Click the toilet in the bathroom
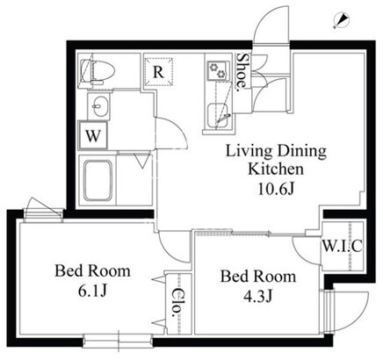coord(97,71)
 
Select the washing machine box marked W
coord(93,136)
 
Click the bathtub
coord(98,180)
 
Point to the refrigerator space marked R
coord(158,72)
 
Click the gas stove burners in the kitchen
coord(218,70)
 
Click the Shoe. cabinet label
coord(242,70)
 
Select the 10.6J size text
coord(276,189)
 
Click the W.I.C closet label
coord(343,246)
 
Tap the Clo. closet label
coord(177,303)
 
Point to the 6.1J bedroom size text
coord(91,291)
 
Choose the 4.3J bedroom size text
coord(258,296)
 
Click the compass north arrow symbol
coord(341,20)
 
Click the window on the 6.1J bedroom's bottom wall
coord(118,340)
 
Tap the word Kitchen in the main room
coord(276,169)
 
